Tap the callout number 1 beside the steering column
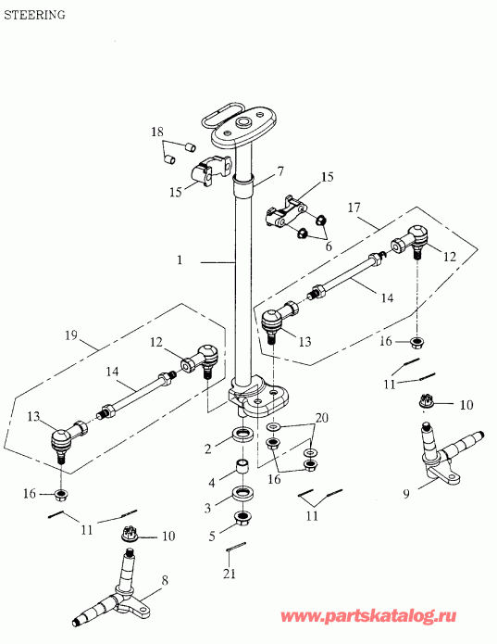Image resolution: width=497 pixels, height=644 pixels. (x=180, y=261)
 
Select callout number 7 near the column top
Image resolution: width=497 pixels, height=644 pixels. (x=280, y=172)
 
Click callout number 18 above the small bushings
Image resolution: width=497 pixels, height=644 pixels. (x=157, y=133)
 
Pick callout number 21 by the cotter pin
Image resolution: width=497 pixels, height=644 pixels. (x=230, y=575)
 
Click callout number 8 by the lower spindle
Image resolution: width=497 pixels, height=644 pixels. (x=165, y=581)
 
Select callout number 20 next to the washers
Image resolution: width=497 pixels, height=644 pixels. (x=323, y=419)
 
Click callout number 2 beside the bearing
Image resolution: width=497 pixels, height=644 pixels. (x=208, y=448)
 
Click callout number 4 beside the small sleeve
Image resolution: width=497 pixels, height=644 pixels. (x=211, y=483)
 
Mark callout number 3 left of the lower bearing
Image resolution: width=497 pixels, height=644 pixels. (x=209, y=508)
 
